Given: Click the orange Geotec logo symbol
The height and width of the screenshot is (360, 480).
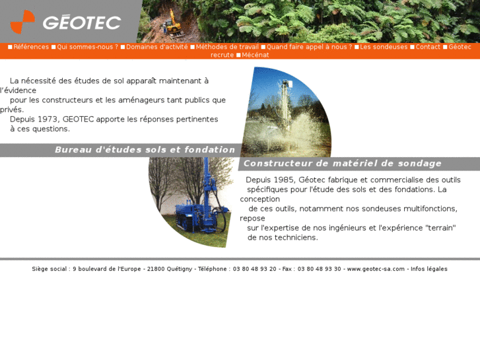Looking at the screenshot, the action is pos(22,21).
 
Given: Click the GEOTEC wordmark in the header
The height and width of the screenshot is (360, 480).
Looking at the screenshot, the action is pos(82,22).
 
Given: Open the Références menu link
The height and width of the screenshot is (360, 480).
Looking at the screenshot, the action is pos(31,47).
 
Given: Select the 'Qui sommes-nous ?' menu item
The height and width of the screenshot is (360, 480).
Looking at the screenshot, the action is pos(87,47).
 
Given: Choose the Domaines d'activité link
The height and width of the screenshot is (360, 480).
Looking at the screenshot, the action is pos(156,47).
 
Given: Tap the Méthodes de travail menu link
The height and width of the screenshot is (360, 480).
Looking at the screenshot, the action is pos(227,47).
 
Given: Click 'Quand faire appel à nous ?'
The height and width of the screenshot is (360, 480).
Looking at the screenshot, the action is pos(309,47).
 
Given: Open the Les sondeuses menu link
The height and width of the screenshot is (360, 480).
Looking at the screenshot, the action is pos(384,47).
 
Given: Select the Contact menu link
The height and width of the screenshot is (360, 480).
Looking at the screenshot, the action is pos(428,47).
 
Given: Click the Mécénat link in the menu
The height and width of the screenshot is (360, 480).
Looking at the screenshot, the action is pos(256,55).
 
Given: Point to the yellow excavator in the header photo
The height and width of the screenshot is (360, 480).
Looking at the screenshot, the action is pos(172,24).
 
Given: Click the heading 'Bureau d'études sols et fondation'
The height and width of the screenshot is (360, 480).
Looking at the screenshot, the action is pos(145,150).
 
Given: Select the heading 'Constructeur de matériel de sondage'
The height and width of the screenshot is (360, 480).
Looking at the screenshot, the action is pos(343,164).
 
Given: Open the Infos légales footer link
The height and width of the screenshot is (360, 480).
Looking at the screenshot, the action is pos(429,269).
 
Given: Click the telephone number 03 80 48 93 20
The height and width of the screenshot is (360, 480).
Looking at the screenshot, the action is pos(254,269).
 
